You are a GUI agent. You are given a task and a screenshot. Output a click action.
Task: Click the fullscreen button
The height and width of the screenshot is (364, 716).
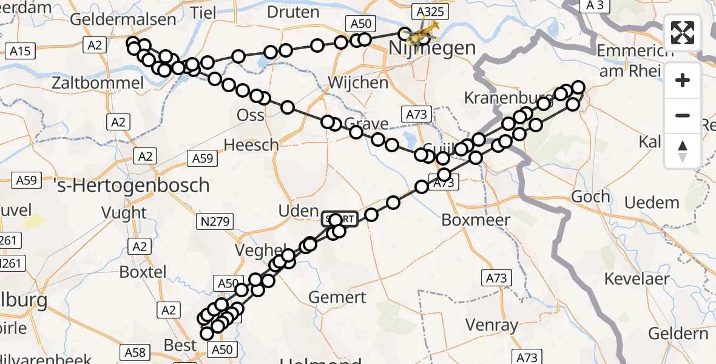click(683, 33)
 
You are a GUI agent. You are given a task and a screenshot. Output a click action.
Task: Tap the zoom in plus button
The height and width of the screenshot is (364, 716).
click(683, 80)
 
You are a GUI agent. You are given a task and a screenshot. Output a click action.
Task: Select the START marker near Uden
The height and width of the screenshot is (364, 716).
click(340, 219)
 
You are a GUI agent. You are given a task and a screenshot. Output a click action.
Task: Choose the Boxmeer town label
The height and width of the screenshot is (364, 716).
click(476, 220)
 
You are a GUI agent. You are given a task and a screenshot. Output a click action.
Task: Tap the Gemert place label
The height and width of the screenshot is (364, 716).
click(337, 297)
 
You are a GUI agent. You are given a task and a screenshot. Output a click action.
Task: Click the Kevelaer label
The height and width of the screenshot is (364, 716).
click(637, 279)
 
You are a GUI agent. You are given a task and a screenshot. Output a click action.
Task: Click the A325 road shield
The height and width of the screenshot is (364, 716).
click(428, 11)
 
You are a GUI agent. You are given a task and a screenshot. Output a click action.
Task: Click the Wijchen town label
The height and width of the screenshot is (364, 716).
click(357, 83)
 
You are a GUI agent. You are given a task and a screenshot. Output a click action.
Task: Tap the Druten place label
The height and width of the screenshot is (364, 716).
click(293, 12)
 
